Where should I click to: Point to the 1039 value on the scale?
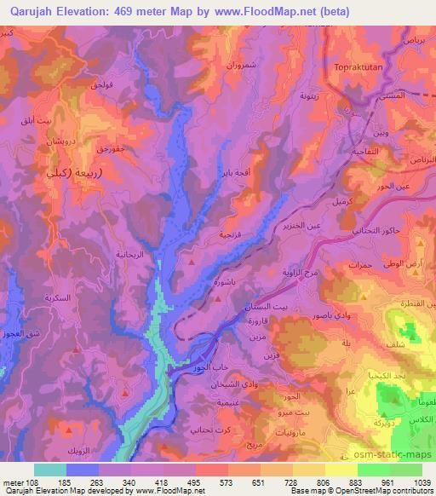pos(422,482)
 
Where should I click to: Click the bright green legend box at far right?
pos(405,470)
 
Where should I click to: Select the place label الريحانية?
pos(131,255)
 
